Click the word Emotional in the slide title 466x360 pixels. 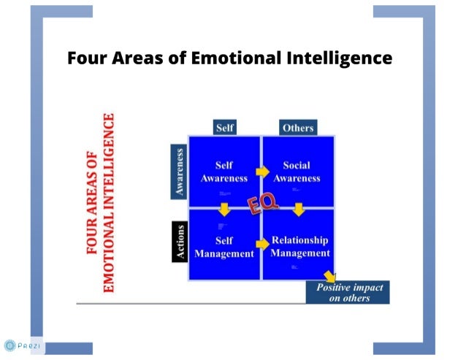[233, 58]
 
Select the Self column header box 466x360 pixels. [225, 128]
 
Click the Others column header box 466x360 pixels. [298, 128]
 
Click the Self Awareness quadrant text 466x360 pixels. [225, 172]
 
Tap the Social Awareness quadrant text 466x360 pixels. [297, 172]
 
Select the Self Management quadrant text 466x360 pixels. [224, 247]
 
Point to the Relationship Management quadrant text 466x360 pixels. [299, 247]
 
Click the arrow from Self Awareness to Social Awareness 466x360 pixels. [261, 172]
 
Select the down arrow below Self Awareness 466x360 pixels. [224, 210]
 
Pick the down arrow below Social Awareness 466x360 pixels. [298, 210]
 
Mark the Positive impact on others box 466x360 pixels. [348, 292]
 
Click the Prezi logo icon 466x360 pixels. [9, 345]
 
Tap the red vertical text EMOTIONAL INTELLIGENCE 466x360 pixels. [110, 202]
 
